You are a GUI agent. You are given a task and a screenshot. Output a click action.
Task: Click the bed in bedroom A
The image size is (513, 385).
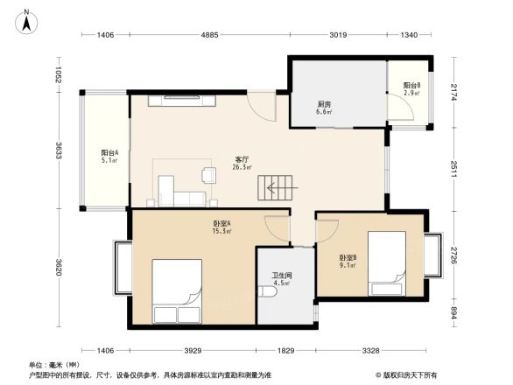tap(179, 291)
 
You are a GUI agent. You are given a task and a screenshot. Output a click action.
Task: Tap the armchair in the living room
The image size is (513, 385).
tap(209, 174)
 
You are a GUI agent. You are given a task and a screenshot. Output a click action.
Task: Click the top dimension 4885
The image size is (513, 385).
tap(209, 35)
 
